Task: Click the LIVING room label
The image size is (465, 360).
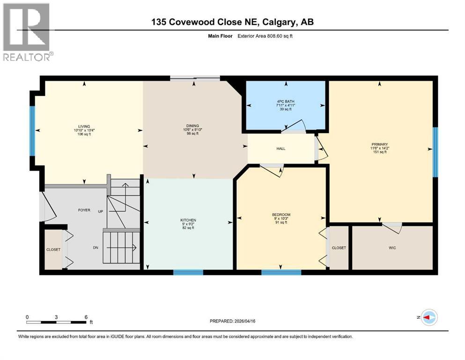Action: pyautogui.click(x=84, y=126)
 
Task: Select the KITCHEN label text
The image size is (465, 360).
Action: pyautogui.click(x=188, y=220)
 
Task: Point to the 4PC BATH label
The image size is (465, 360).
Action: pyautogui.click(x=285, y=102)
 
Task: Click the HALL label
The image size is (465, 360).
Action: pyautogui.click(x=281, y=149)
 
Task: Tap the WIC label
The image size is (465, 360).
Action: pyautogui.click(x=392, y=247)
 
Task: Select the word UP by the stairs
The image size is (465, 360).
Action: pyautogui.click(x=100, y=211)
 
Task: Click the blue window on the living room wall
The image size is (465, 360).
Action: pyautogui.click(x=33, y=131)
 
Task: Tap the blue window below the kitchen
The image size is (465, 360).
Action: pyautogui.click(x=188, y=272)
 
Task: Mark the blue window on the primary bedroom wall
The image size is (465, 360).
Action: pyautogui.click(x=435, y=152)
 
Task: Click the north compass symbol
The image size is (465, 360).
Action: pyautogui.click(x=428, y=318)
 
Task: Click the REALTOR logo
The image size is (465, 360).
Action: pyautogui.click(x=27, y=32)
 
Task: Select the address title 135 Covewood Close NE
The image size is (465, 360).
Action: pyautogui.click(x=232, y=22)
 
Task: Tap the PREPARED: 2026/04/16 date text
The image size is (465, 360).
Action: pyautogui.click(x=232, y=321)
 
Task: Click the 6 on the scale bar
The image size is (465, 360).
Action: pyautogui.click(x=86, y=317)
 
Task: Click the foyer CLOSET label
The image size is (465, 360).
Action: pyautogui.click(x=53, y=249)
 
